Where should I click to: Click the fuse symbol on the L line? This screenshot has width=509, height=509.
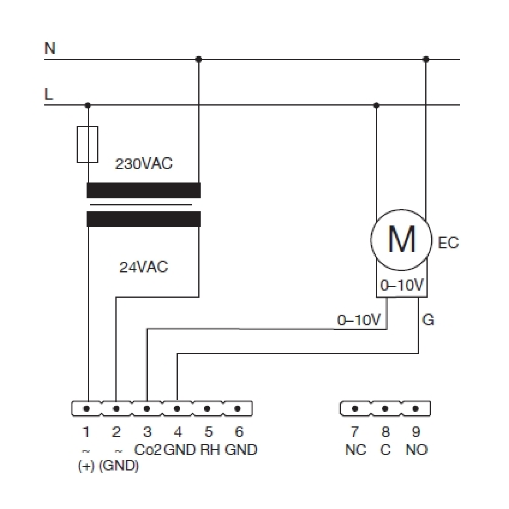click(88, 145)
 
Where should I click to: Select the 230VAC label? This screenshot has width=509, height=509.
click(144, 164)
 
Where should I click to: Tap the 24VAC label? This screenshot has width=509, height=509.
click(144, 267)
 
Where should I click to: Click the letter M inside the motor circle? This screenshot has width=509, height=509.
click(402, 240)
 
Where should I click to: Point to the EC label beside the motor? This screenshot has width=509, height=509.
click(448, 243)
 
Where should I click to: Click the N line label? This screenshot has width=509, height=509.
click(50, 48)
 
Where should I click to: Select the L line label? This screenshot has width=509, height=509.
click(48, 94)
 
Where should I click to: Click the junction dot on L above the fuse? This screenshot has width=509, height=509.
click(88, 105)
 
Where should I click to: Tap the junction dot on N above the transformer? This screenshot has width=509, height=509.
click(199, 60)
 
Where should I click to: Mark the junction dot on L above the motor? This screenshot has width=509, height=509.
click(376, 105)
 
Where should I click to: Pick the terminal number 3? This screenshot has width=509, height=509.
click(147, 432)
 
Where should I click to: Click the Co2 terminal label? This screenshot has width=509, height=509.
click(148, 450)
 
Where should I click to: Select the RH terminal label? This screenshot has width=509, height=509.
click(210, 450)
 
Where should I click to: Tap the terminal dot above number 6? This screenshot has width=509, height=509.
click(237, 408)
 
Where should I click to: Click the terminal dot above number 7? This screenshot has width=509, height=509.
click(355, 408)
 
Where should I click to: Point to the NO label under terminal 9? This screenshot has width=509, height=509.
click(416, 450)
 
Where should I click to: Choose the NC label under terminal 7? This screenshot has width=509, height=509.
click(355, 450)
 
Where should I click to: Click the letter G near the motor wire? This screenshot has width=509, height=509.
click(428, 320)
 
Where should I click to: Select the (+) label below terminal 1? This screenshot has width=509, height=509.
click(86, 466)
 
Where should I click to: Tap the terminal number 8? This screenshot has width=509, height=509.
click(385, 432)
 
